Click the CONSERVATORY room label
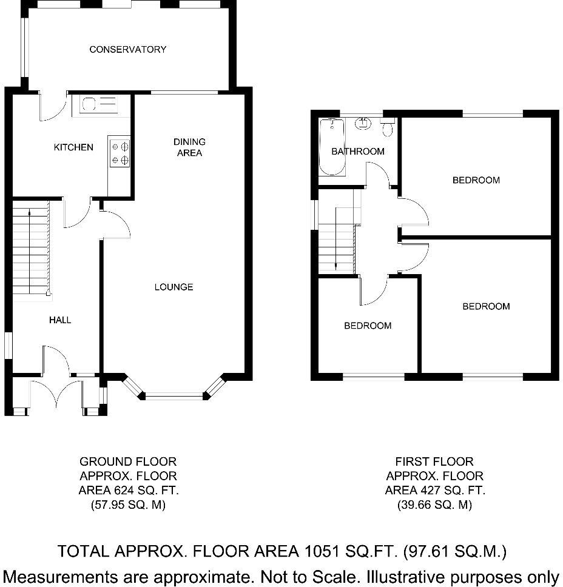[128, 49]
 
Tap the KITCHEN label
[74, 147]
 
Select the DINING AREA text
[189, 147]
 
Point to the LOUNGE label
[174, 287]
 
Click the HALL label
[60, 320]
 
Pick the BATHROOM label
[358, 151]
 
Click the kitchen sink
[99, 104]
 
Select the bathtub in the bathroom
[331, 147]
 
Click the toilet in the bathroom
[388, 127]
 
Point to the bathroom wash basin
[363, 123]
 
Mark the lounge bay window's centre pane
[174, 396]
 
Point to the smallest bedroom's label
[368, 326]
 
